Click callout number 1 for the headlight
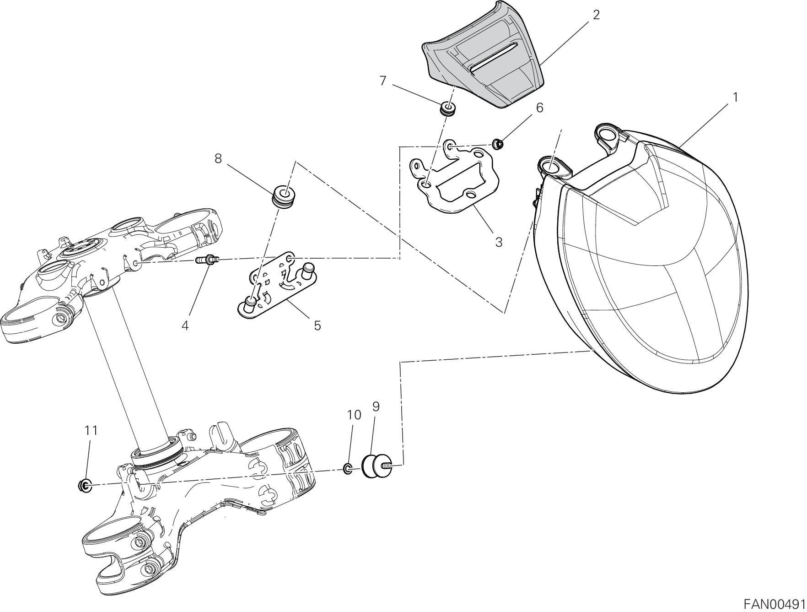(x=735, y=97)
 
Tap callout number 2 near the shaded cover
(x=596, y=15)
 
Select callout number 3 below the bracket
(x=499, y=242)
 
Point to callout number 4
(x=185, y=325)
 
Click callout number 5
(x=317, y=325)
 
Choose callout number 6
(x=539, y=108)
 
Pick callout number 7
(x=383, y=81)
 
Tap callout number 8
(x=218, y=158)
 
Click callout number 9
(x=376, y=406)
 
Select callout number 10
(x=354, y=415)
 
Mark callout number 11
(x=91, y=430)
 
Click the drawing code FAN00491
(x=773, y=602)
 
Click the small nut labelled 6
(x=499, y=145)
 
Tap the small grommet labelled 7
(x=446, y=110)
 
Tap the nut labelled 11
(x=85, y=485)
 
